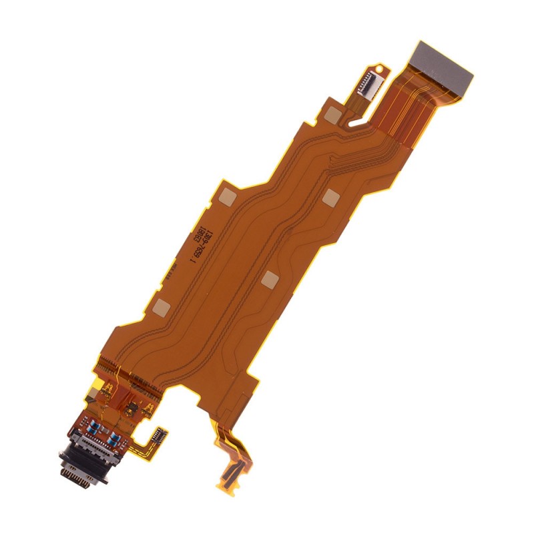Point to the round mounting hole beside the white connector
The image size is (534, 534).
click(x=380, y=67)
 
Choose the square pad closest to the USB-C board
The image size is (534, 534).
click(x=162, y=307)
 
